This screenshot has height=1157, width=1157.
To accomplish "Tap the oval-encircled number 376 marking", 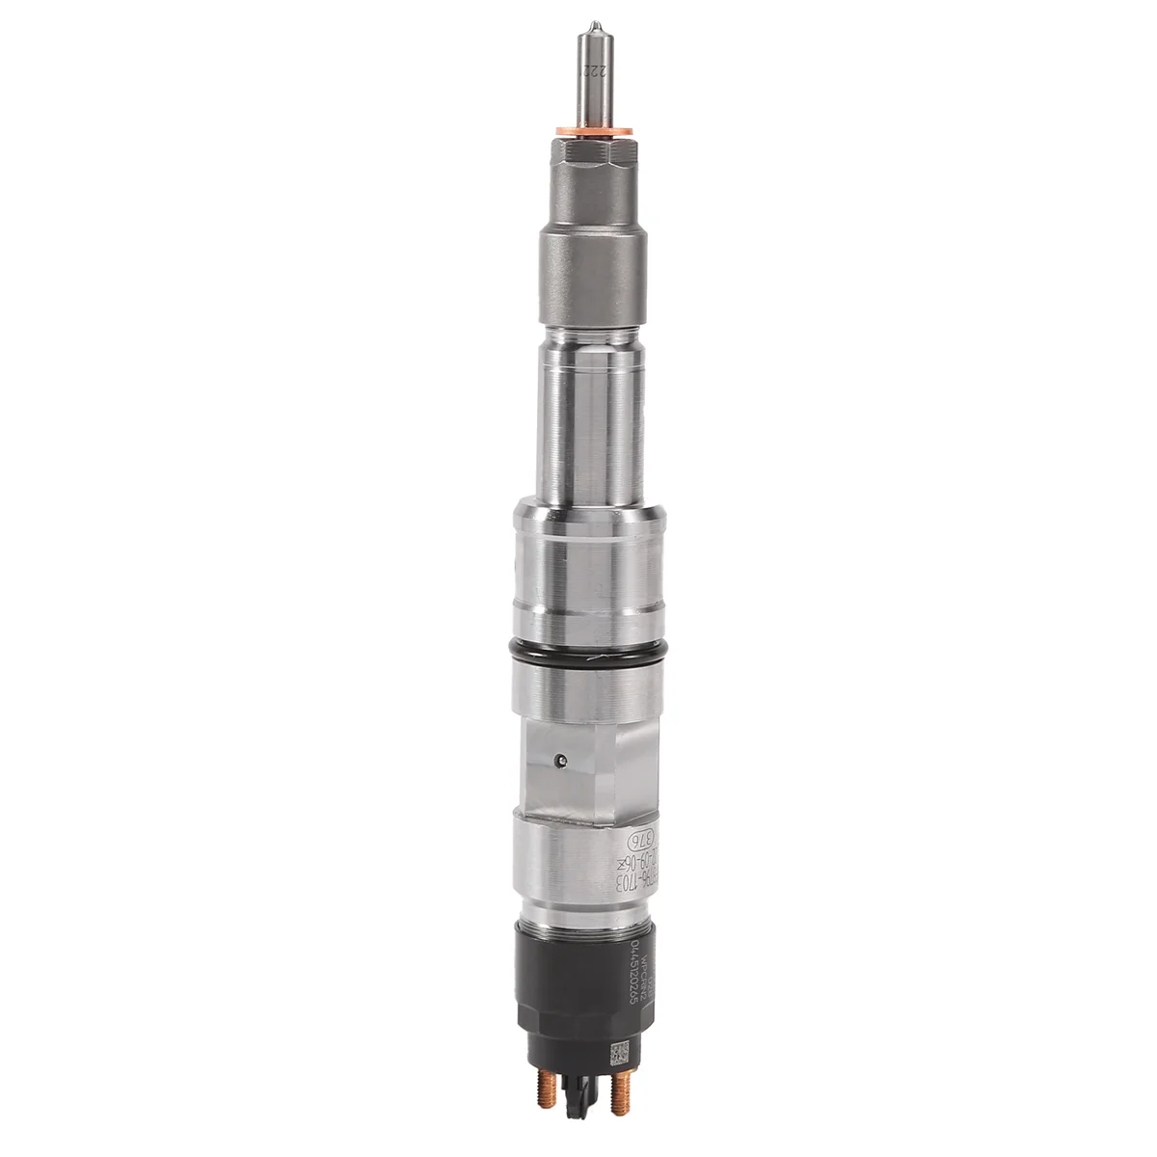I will (627, 835).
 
